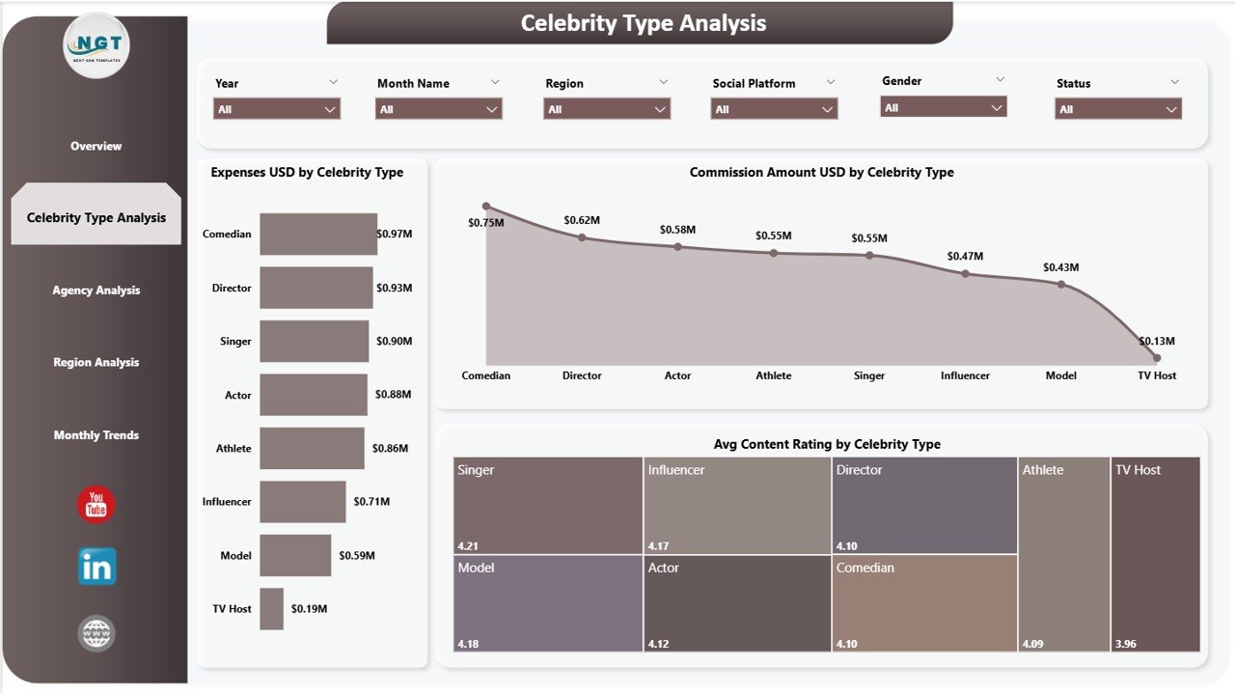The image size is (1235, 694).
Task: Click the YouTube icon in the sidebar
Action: pos(96,505)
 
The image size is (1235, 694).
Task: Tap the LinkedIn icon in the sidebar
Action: pos(96,567)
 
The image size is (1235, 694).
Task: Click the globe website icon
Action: pos(96,634)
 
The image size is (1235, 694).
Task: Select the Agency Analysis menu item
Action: pos(96,291)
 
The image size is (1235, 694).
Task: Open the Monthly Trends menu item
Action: pos(96,435)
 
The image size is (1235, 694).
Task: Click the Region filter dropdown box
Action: pos(607,109)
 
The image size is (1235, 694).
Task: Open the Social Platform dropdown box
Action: pos(774,109)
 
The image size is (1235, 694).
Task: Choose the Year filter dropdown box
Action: pos(277,109)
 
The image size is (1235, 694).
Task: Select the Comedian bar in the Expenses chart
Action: pos(317,234)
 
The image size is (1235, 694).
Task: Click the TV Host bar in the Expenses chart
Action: pos(271,609)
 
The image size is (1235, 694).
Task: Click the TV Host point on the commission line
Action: pos(1156,358)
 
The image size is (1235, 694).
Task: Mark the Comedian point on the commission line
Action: pos(486,207)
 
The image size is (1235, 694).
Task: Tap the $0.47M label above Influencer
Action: pos(965,256)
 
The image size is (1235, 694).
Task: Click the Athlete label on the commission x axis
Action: pos(773,375)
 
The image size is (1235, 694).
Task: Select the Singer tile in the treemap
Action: pos(547,505)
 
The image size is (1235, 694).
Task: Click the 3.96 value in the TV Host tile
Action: pos(1125,641)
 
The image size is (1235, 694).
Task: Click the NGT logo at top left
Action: pos(96,45)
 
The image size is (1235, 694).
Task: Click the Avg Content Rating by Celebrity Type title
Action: pos(826,444)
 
